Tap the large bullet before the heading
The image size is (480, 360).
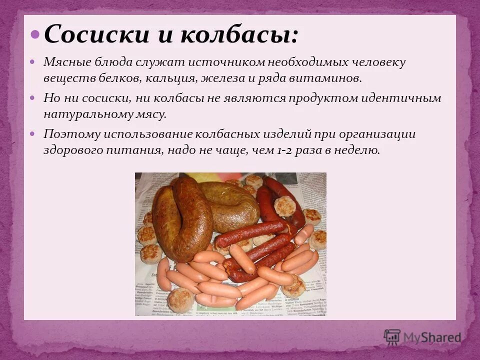[x=35, y=34]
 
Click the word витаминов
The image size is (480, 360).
[x=330, y=78]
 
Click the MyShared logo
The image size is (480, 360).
[x=422, y=337]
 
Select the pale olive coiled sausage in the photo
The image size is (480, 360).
[x=229, y=205]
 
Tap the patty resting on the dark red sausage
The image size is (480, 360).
[x=284, y=206]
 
